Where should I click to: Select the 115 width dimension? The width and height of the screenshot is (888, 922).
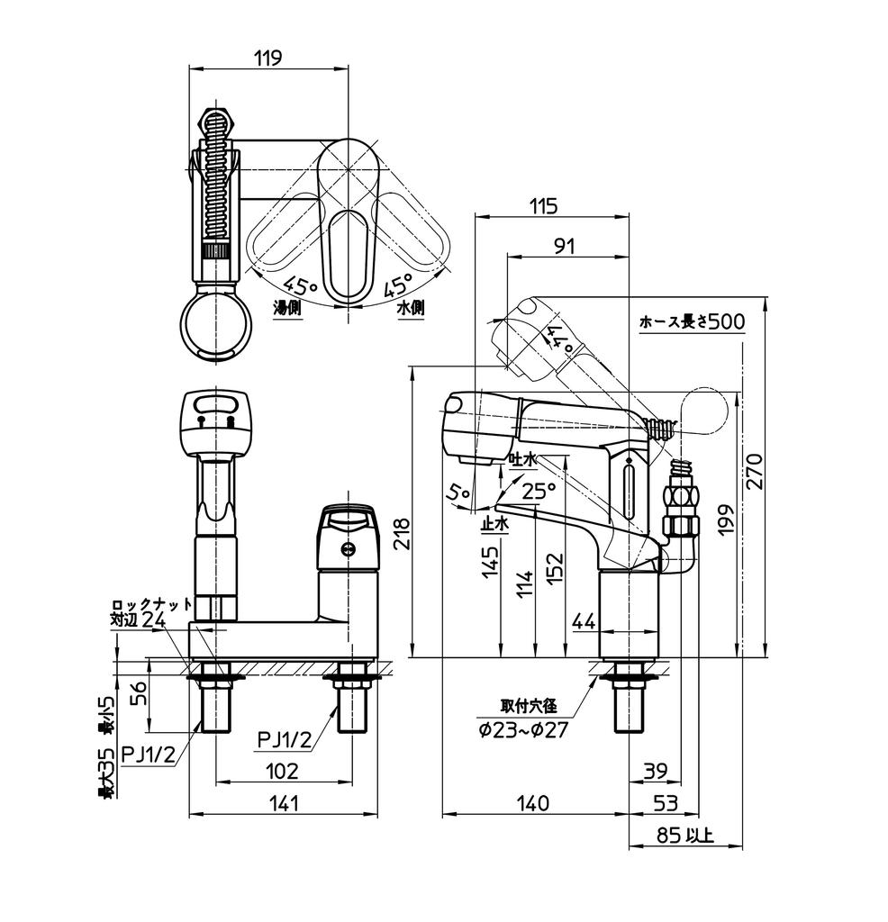pos(543,206)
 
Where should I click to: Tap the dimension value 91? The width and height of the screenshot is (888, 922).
pos(564,246)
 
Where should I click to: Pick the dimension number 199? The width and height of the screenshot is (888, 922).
pos(727,520)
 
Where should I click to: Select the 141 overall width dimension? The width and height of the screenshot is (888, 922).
pos(284,803)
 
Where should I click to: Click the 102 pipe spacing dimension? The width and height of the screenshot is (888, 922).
pos(284,771)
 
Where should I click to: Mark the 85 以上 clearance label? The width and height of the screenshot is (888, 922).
pos(684,836)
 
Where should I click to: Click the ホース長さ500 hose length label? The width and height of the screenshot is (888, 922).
pos(692,321)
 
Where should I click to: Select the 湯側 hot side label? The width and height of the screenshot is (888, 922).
pos(287,307)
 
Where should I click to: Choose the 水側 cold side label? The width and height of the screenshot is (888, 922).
pos(410,307)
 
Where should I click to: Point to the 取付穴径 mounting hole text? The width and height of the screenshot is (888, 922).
pos(529,707)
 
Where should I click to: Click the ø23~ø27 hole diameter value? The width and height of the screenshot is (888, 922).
pos(523,730)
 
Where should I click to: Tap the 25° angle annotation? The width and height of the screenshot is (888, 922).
pos(539,491)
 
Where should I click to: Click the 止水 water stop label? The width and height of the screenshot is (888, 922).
pos(494,522)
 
